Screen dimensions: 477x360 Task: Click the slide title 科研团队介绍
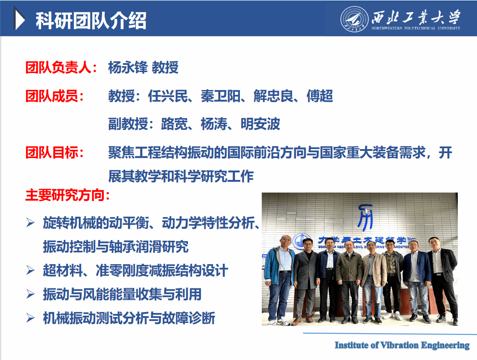point(91,21)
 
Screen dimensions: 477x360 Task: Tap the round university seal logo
point(354,19)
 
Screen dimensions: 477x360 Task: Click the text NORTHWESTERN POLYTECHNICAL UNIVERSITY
point(416,28)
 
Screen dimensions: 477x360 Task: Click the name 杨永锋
point(128,68)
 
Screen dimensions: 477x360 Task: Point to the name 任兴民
point(168,96)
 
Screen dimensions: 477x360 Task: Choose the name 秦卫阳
point(221,96)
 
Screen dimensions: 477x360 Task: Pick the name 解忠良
point(273,96)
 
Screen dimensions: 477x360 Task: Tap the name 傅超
point(320,96)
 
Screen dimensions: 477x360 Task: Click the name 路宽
point(175,124)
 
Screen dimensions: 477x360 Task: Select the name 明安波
point(260,124)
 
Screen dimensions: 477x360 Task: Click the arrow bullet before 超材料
point(30,270)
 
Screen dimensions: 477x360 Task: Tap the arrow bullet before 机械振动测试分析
point(30,318)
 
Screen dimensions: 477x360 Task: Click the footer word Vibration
point(400,345)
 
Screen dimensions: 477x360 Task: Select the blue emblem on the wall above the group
point(365,217)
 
